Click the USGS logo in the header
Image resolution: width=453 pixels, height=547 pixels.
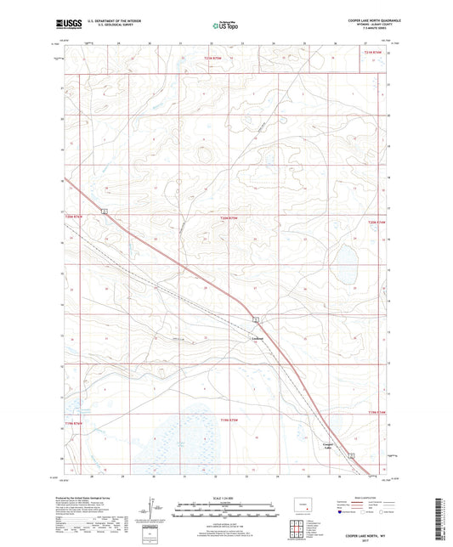click(62, 23)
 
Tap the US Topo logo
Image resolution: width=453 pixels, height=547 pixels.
click(224, 26)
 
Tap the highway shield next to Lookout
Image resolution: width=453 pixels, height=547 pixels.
click(255, 319)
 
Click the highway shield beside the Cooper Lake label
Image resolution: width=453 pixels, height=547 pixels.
click(350, 456)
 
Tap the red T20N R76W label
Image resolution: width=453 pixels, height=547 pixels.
click(76, 218)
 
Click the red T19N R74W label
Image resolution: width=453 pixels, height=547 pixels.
click(377, 413)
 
